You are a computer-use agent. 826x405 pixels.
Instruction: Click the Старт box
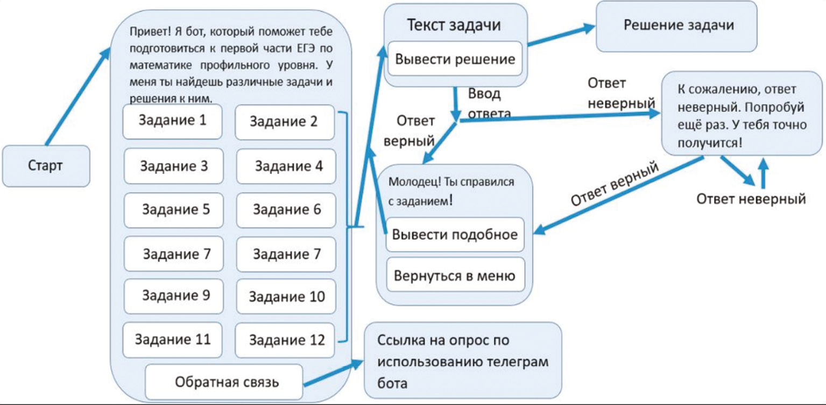(x=46, y=166)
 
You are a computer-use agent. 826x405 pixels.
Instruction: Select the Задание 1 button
(x=172, y=121)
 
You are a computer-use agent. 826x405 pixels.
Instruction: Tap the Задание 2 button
(x=285, y=122)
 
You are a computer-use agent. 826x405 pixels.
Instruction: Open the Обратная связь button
(x=224, y=382)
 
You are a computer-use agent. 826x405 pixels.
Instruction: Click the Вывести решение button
(x=455, y=59)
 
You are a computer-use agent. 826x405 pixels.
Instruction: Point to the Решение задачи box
(x=678, y=26)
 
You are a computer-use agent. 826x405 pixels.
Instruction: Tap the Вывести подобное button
(x=455, y=235)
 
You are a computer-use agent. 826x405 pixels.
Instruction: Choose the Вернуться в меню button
(x=455, y=276)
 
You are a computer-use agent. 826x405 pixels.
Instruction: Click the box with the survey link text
(x=463, y=361)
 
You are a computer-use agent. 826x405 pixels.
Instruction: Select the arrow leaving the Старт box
(x=78, y=97)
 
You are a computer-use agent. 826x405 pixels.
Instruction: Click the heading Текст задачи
(x=454, y=25)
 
